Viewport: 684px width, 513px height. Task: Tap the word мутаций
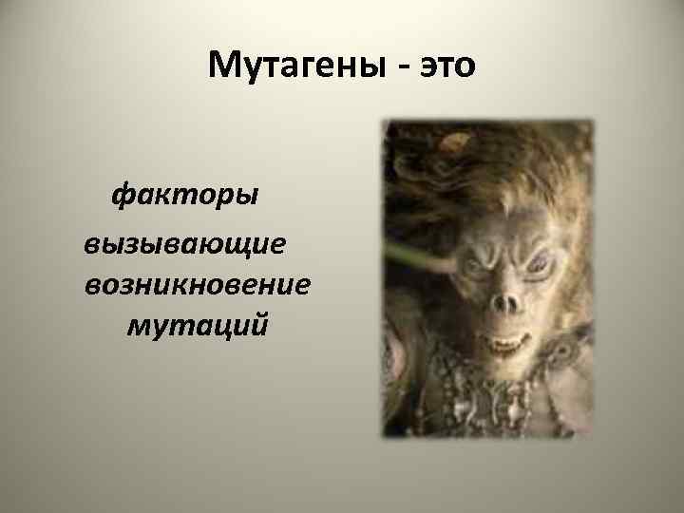[197, 326]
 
